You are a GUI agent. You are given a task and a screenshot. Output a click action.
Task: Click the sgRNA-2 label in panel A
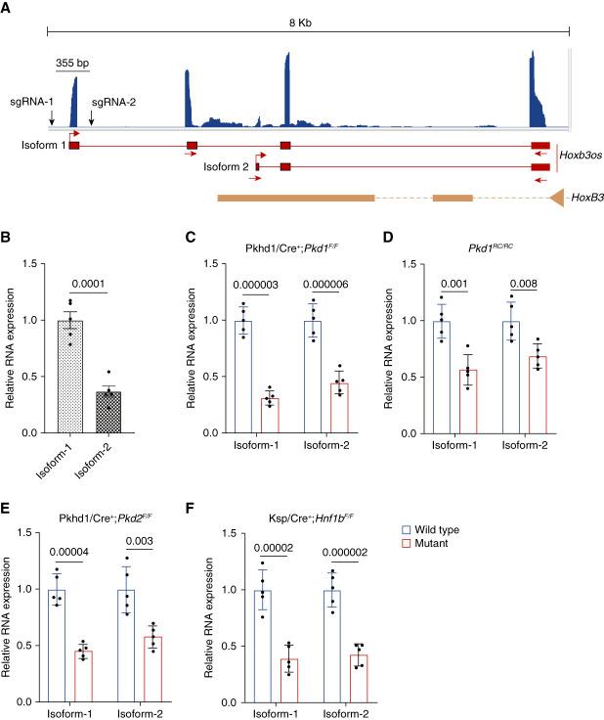(112, 101)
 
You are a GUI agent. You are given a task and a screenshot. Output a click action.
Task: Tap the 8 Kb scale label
(307, 21)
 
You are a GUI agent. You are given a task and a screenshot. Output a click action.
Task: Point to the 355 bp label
(72, 63)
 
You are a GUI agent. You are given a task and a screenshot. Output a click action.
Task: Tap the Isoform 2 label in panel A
(226, 166)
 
